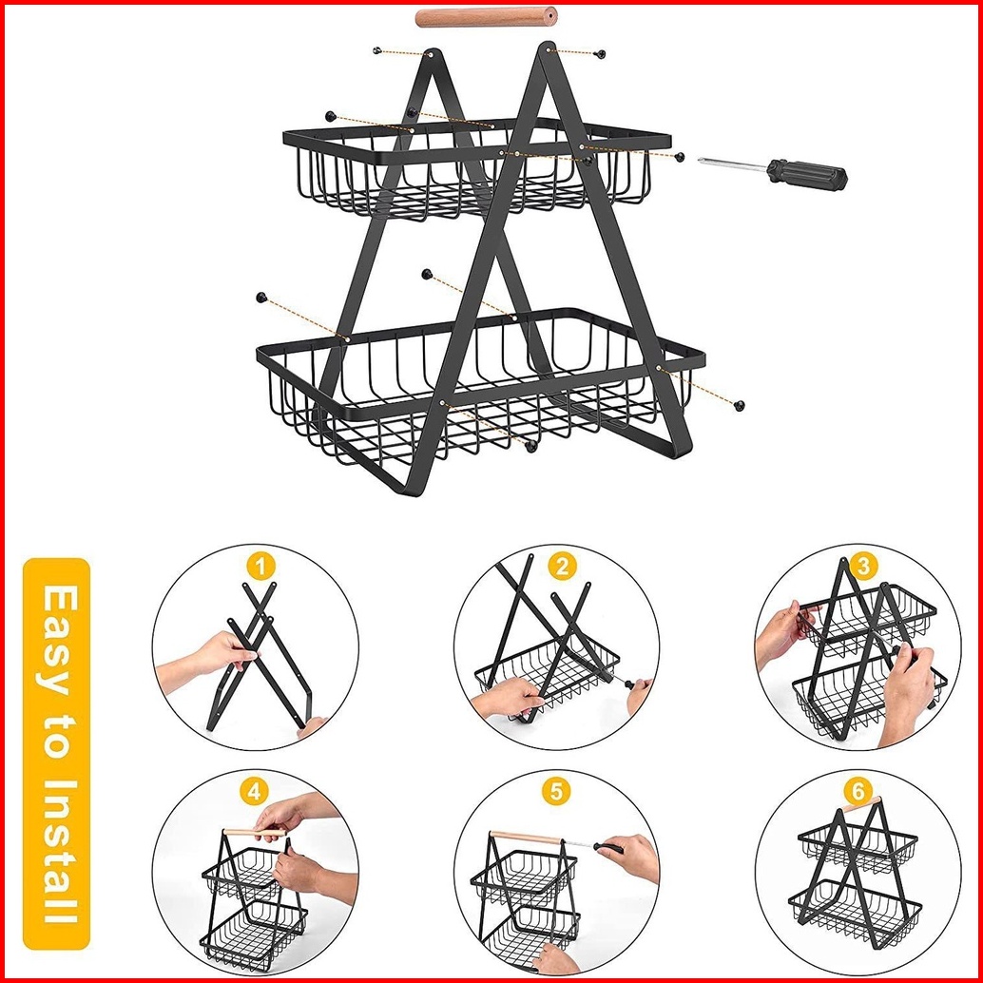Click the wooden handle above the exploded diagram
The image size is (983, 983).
pyautogui.click(x=486, y=17)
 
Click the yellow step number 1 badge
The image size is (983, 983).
pyautogui.click(x=260, y=567)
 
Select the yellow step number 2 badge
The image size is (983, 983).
pyautogui.click(x=562, y=567)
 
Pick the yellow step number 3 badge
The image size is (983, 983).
pyautogui.click(x=863, y=567)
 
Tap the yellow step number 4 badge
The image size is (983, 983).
pyautogui.click(x=254, y=792)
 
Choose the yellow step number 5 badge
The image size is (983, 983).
pyautogui.click(x=557, y=792)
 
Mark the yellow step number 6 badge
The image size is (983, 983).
pyautogui.click(x=858, y=792)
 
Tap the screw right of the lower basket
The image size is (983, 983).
pyautogui.click(x=740, y=405)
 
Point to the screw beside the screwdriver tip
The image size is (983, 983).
pyautogui.click(x=680, y=156)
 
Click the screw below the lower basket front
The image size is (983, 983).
pyautogui.click(x=530, y=447)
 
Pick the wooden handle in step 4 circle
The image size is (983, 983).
pyautogui.click(x=255, y=832)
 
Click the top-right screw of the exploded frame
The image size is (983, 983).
pyautogui.click(x=601, y=54)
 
